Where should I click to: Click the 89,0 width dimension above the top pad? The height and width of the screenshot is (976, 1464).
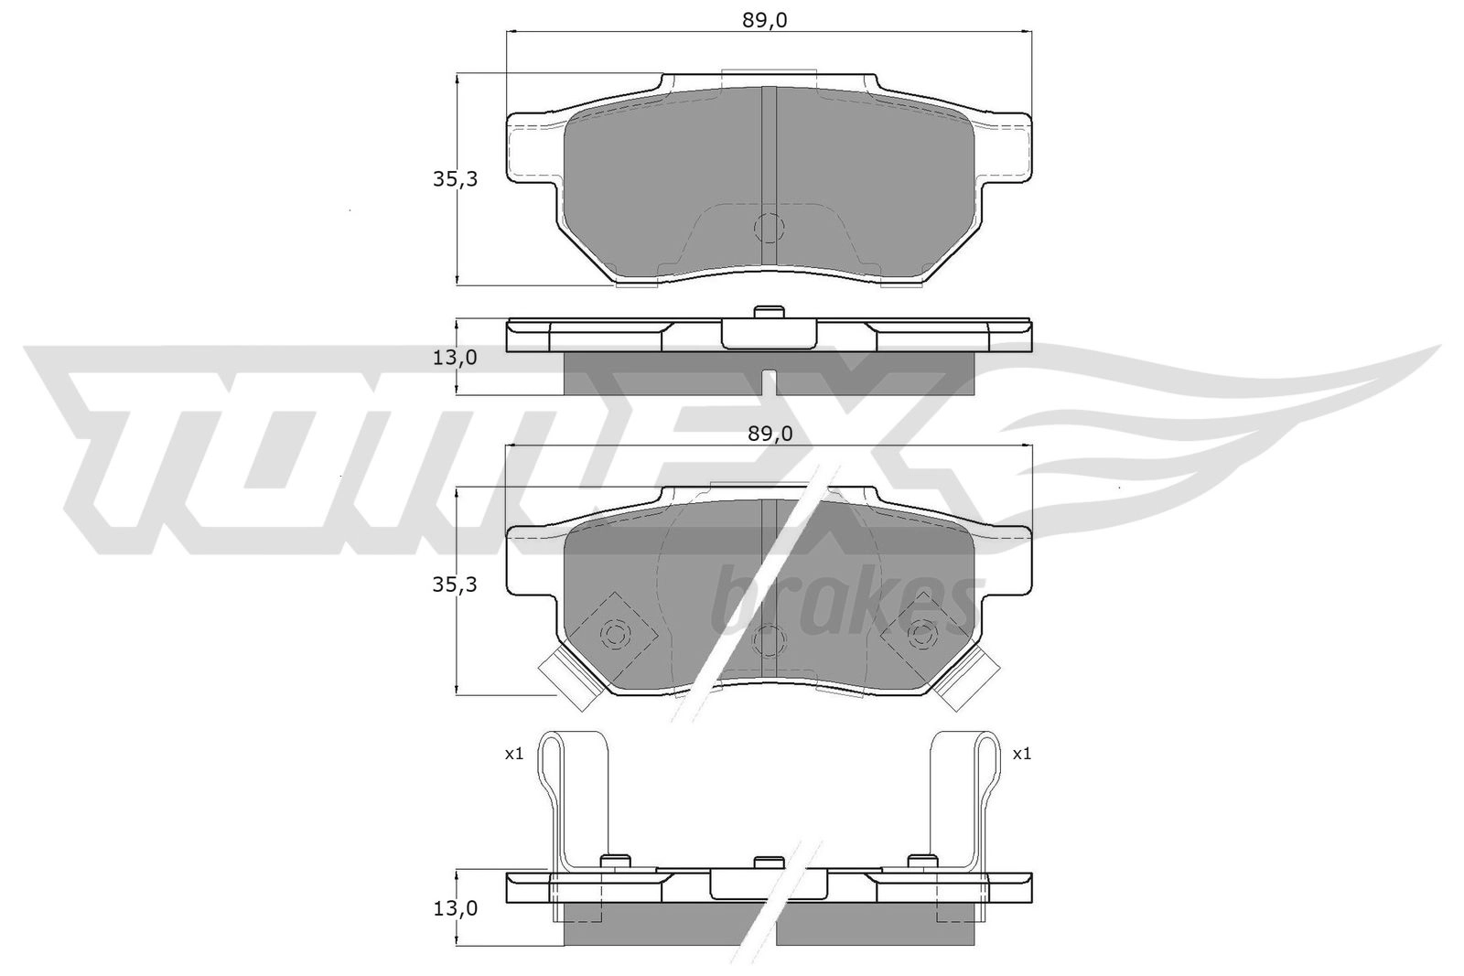(x=764, y=21)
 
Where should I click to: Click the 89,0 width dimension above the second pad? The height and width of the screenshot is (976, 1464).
(x=770, y=434)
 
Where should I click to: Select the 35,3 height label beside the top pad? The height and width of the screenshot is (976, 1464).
(x=455, y=179)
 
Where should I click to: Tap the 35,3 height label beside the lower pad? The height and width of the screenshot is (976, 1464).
(x=455, y=585)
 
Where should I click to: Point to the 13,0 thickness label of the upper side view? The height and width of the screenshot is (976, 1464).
(x=455, y=358)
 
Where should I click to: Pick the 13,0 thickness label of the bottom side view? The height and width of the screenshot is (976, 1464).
(x=455, y=908)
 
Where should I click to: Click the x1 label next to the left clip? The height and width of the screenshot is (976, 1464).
(x=514, y=754)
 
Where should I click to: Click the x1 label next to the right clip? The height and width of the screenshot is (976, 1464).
(x=1021, y=754)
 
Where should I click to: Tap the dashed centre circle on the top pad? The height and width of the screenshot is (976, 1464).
(x=769, y=228)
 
